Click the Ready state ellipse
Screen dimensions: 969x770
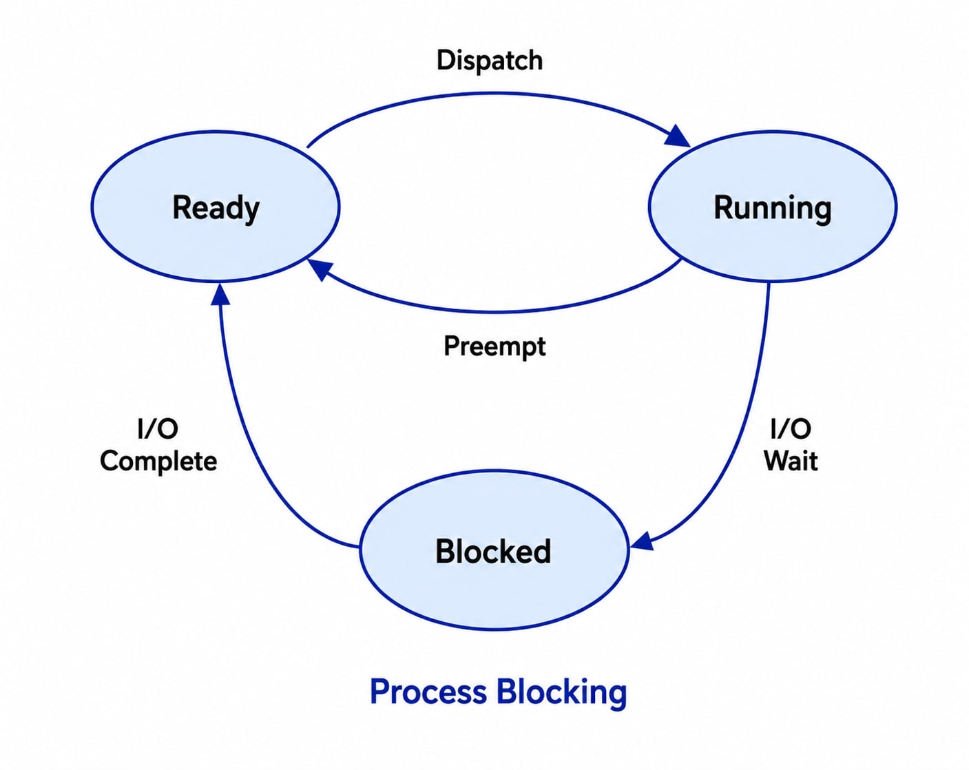coord(216,207)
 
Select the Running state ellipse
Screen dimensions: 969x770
coord(773,207)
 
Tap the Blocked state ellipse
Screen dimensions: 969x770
coord(494,550)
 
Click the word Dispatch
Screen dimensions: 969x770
coord(490,61)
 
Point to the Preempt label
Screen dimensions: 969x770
coord(494,346)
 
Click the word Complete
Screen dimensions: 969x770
coord(158,462)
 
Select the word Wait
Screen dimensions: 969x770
coord(791,461)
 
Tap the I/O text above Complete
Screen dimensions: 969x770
coord(158,428)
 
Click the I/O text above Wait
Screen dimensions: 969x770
coord(791,428)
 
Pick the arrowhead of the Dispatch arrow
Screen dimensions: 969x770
coord(679,137)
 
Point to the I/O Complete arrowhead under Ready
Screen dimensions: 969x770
coord(220,294)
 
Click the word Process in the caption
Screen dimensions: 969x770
coord(428,692)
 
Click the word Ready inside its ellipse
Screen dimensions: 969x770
coord(216,209)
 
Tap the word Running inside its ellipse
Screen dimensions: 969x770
coord(773,209)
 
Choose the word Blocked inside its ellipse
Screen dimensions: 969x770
coord(493,551)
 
